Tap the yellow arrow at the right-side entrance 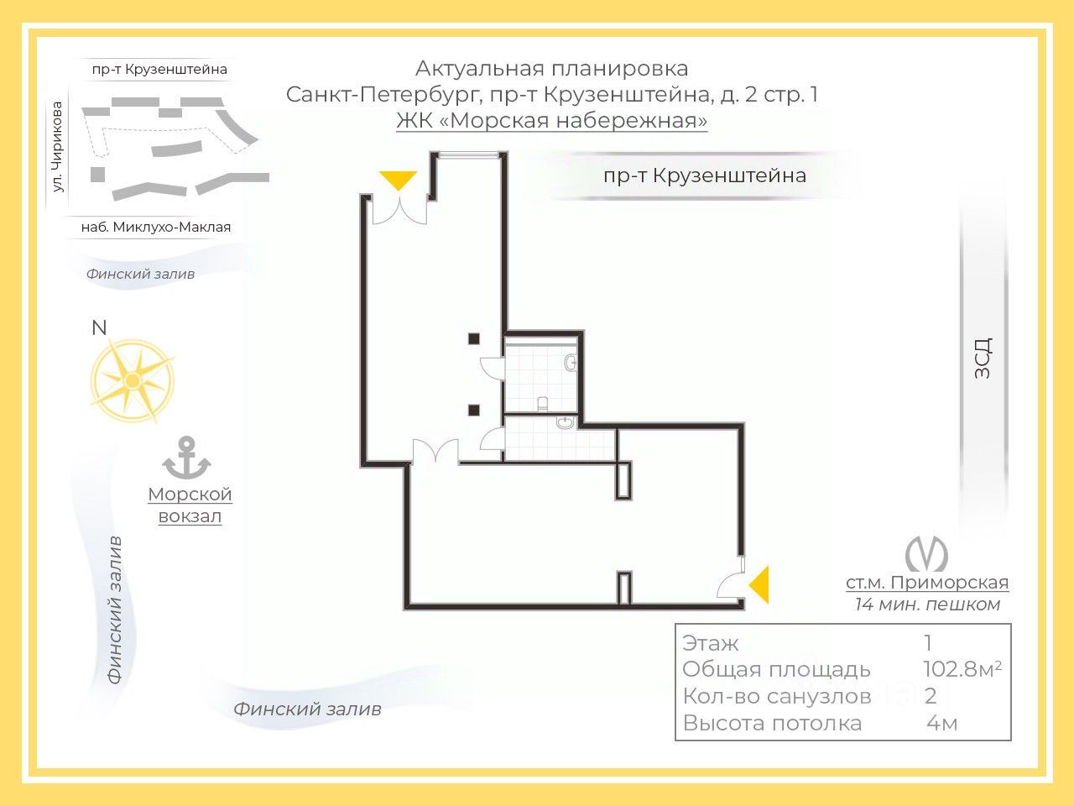coord(760,584)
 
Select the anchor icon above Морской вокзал coord(186,458)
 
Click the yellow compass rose coord(132,380)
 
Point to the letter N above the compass coord(99,328)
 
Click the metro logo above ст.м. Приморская coord(926,553)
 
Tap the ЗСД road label coord(983,358)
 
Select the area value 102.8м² coord(962,669)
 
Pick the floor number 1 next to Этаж coord(928,642)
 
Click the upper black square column coord(473,338)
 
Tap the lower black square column coord(473,410)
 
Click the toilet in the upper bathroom coord(543,404)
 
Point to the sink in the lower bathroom coord(566,422)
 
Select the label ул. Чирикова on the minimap coord(58,146)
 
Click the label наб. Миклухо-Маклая coord(155,227)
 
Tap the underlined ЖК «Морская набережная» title coord(551,120)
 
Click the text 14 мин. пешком coord(927,604)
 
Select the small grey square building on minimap coord(98,175)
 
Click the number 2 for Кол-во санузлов coord(931,696)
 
